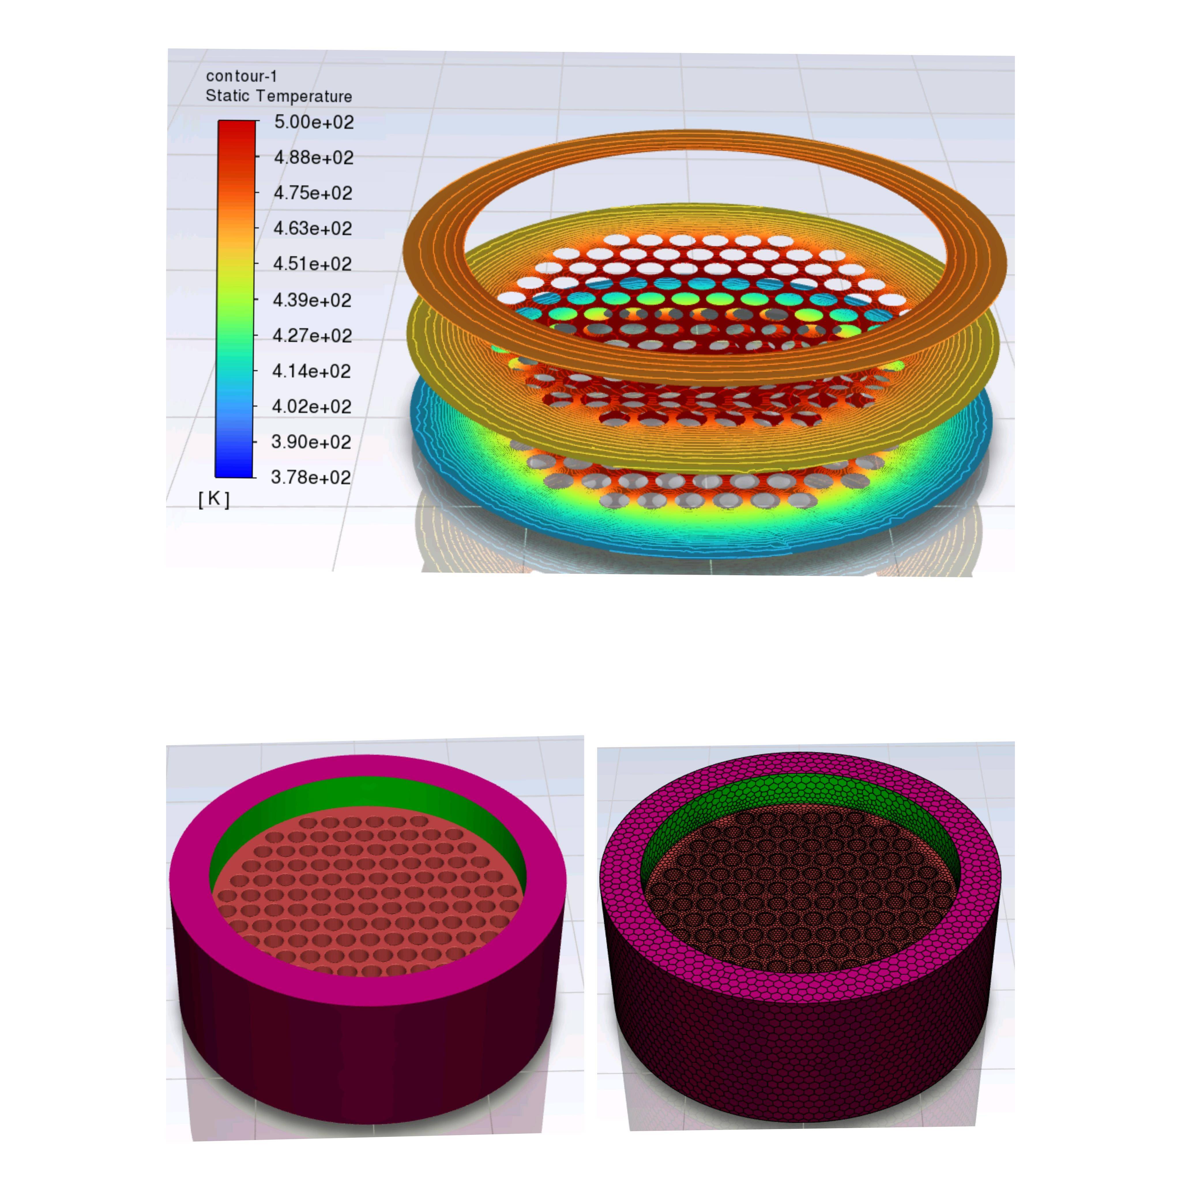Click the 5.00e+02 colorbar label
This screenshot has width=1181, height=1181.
pyautogui.click(x=314, y=122)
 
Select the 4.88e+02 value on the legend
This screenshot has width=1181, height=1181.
pyautogui.click(x=314, y=158)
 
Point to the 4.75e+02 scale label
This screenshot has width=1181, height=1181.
pyautogui.click(x=313, y=193)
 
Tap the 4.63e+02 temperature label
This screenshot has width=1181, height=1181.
pyautogui.click(x=312, y=229)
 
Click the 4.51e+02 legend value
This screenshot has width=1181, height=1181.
pyautogui.click(x=312, y=264)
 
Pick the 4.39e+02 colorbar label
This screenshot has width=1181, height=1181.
pyautogui.click(x=312, y=300)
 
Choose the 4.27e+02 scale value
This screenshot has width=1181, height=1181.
pyautogui.click(x=312, y=336)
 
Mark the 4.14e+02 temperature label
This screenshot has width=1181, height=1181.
pyautogui.click(x=311, y=371)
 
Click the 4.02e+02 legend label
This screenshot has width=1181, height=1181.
pyautogui.click(x=311, y=407)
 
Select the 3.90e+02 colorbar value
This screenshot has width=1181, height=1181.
pyautogui.click(x=311, y=442)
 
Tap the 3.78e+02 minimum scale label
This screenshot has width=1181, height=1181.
pyautogui.click(x=311, y=477)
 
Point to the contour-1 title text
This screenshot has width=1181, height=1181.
pyautogui.click(x=241, y=76)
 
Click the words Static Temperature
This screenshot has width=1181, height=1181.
pyautogui.click(x=279, y=96)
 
